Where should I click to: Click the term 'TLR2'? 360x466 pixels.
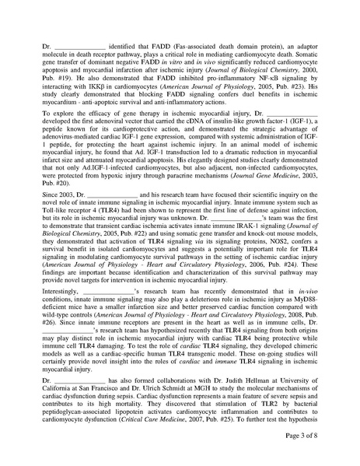coord(271,396)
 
